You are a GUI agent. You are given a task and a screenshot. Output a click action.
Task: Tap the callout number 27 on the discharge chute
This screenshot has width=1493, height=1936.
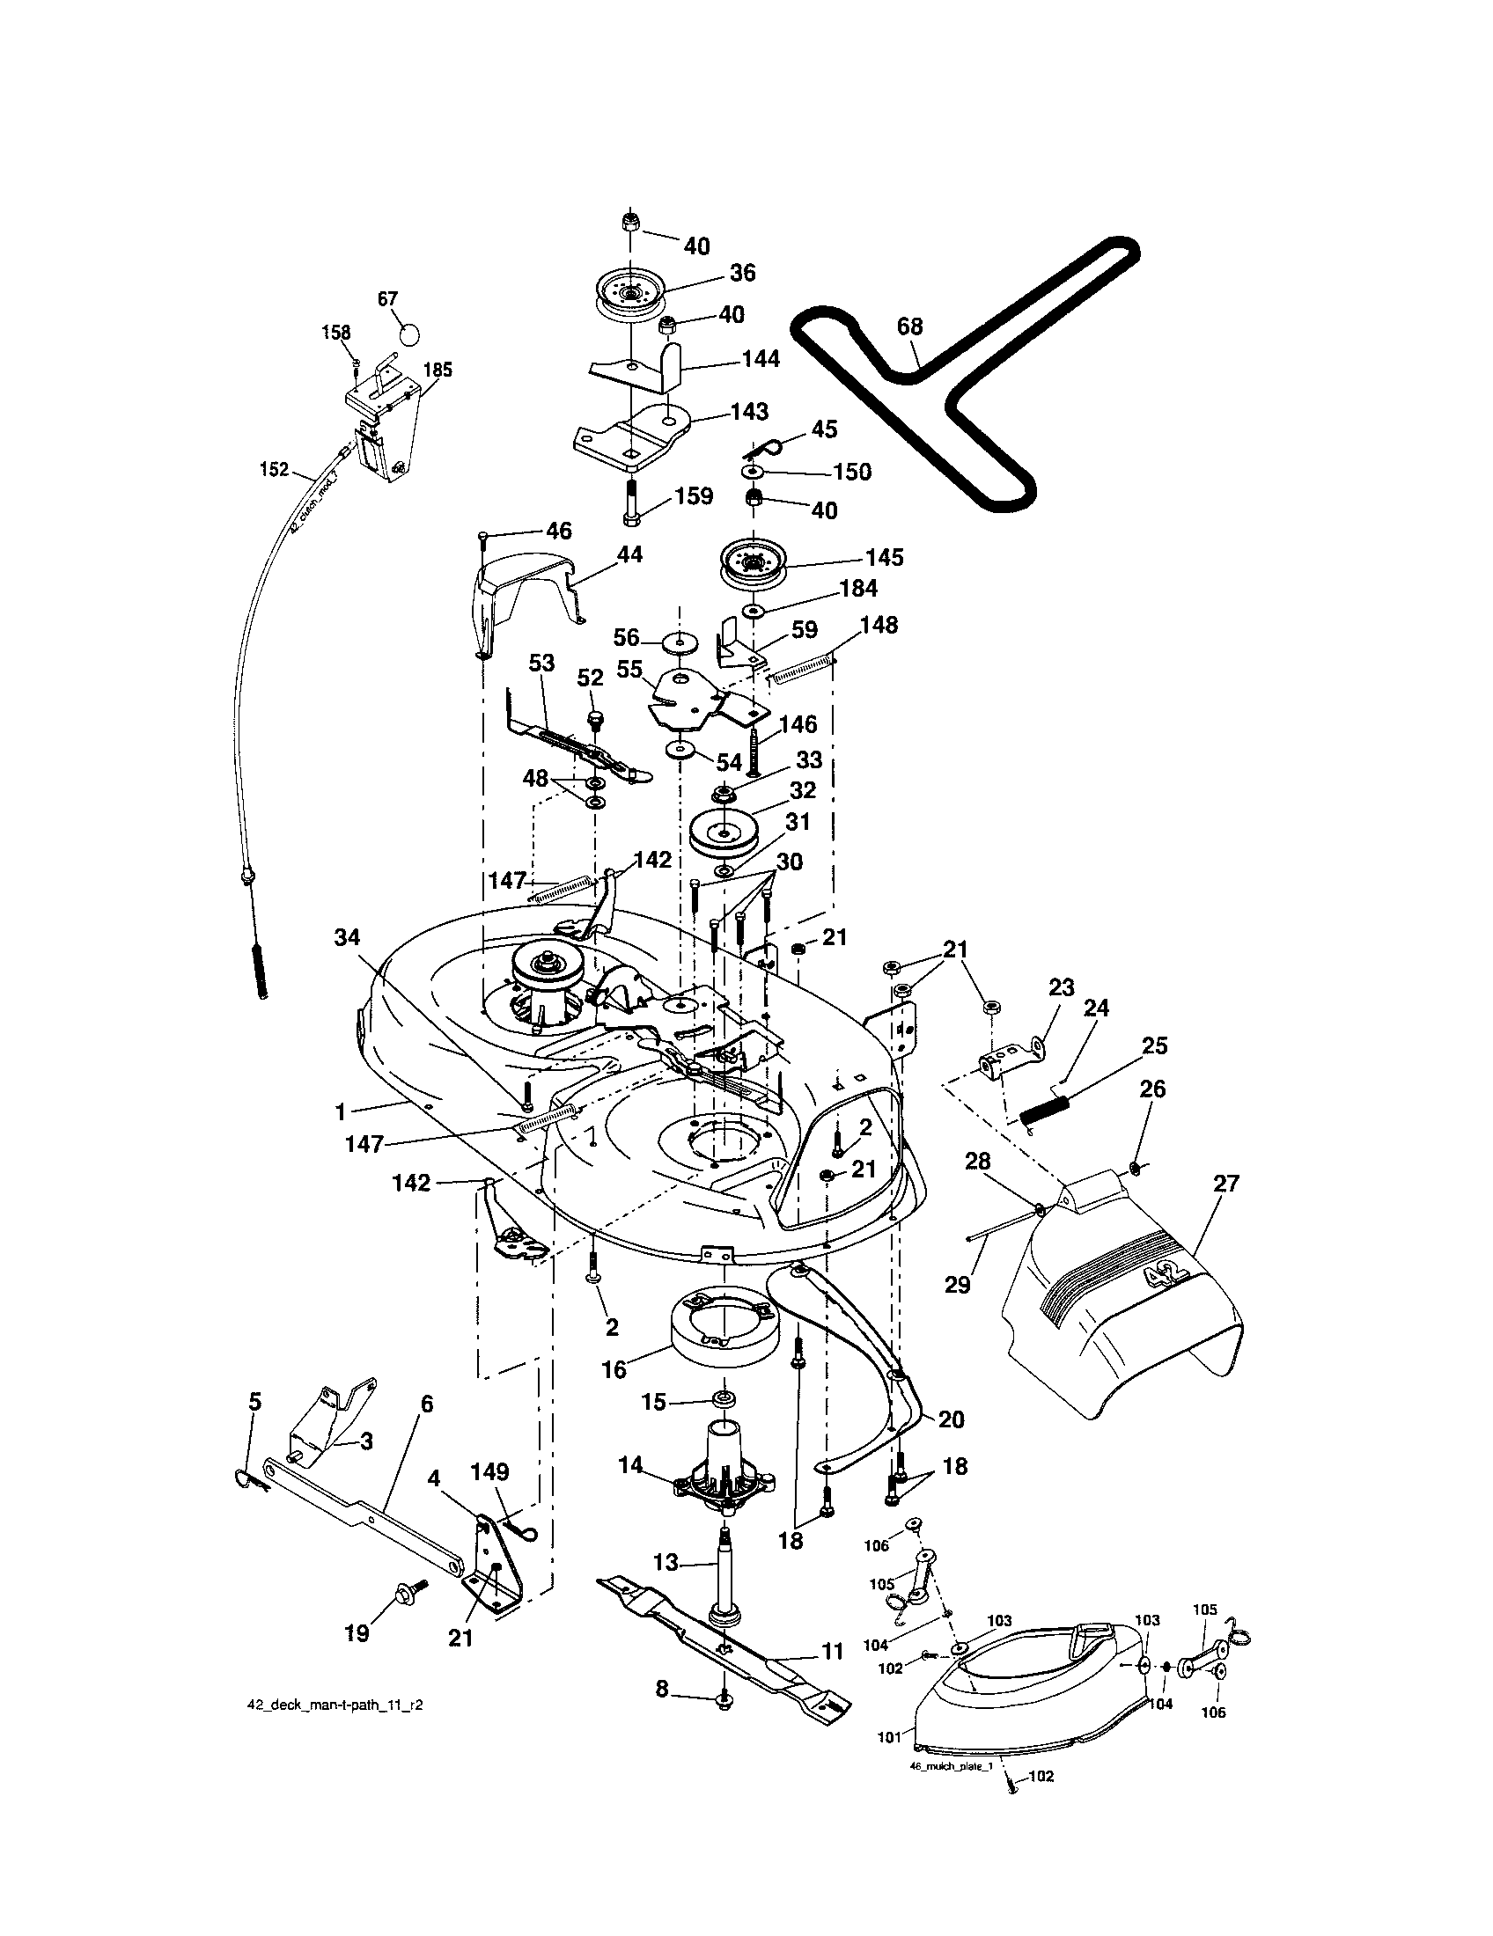click(x=1226, y=1183)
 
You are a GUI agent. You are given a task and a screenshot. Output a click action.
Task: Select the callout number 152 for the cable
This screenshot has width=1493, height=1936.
click(x=275, y=469)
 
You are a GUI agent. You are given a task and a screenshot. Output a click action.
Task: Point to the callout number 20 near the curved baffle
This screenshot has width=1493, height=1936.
click(x=951, y=1419)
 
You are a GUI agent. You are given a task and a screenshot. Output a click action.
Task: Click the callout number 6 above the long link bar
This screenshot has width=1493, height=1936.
click(x=427, y=1404)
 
